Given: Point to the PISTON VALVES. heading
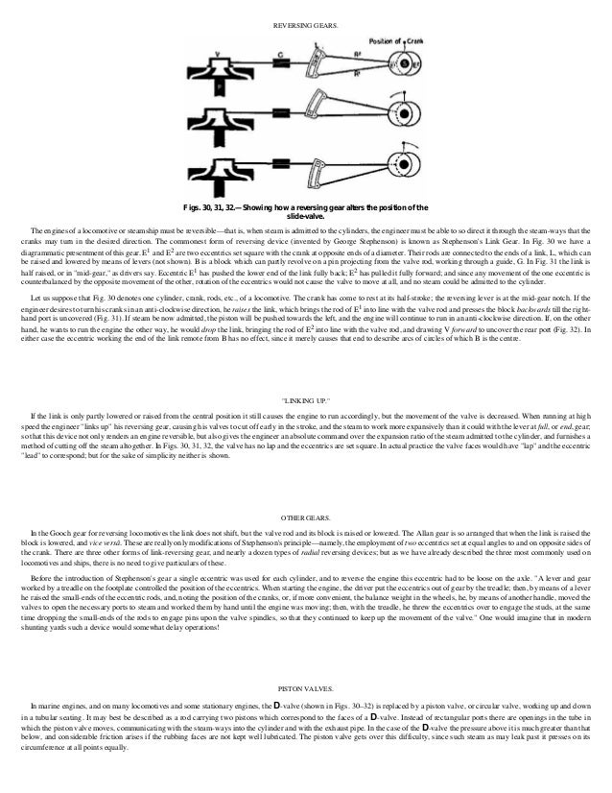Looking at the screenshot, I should [305, 689].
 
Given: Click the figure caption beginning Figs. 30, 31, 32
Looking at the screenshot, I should [305, 212].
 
